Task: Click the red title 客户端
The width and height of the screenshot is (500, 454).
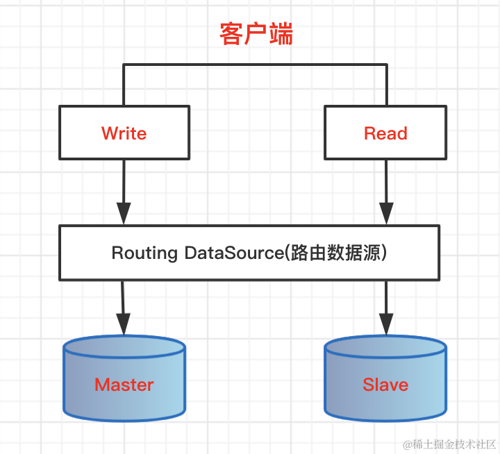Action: coord(256,33)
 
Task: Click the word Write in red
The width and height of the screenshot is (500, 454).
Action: coord(124,133)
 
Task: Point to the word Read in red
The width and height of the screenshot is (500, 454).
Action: coord(385,133)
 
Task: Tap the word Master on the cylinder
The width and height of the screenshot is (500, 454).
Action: coord(124,385)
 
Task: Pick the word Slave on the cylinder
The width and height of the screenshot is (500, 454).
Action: coord(385,385)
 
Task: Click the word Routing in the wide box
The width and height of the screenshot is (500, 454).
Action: coord(144,253)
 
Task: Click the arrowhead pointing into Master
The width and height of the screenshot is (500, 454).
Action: coord(124,323)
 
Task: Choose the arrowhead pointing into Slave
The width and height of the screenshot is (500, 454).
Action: coord(385,323)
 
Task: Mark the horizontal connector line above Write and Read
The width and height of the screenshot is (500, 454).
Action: coord(254,65)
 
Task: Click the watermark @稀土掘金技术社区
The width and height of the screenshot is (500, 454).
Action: coord(444,443)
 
